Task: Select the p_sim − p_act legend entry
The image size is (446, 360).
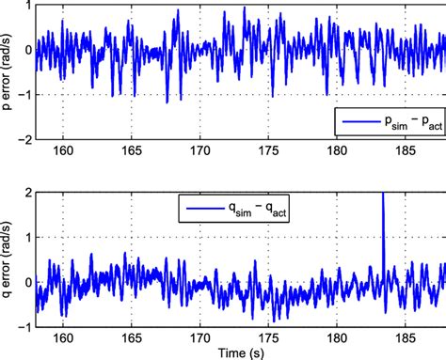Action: (395, 121)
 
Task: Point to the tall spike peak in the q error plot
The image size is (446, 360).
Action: (383, 193)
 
